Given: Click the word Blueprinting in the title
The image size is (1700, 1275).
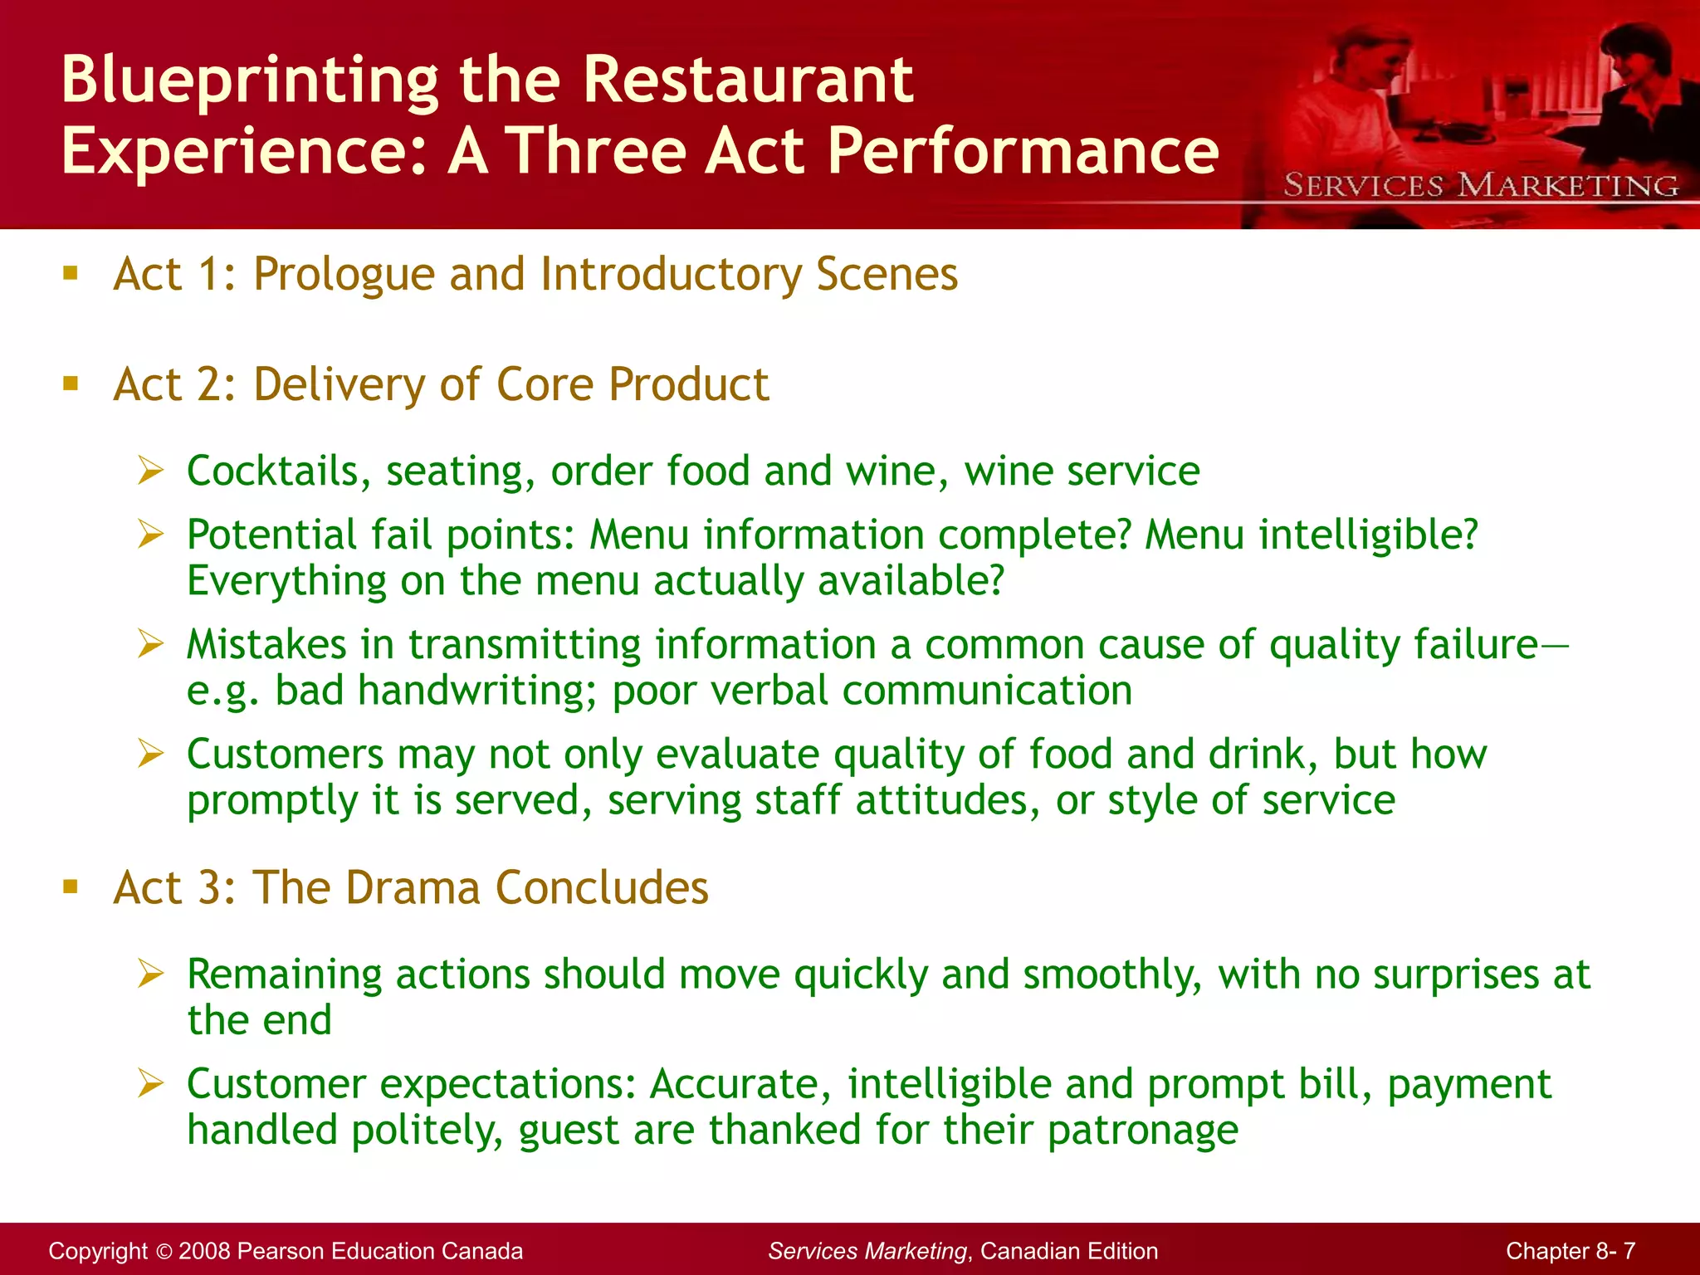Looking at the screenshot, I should click(x=250, y=81).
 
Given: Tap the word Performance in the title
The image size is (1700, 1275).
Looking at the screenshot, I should click(x=1022, y=151).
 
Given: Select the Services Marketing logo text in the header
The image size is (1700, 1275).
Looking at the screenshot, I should click(x=1480, y=185).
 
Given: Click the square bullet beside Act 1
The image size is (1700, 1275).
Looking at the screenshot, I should click(x=71, y=273).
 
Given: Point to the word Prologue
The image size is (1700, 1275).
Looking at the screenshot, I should click(x=344, y=275).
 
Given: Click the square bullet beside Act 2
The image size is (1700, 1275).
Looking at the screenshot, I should click(x=71, y=383).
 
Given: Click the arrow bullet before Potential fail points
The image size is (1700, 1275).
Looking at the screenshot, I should click(x=151, y=534).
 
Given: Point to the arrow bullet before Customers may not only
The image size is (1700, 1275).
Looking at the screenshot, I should click(x=151, y=754).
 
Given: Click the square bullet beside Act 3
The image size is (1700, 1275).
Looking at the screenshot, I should click(x=71, y=887).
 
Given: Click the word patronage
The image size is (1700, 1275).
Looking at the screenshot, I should click(x=1142, y=1131).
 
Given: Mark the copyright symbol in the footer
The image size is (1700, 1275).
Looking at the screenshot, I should click(x=164, y=1251).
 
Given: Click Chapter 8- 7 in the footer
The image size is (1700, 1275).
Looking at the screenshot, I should click(x=1570, y=1251).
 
